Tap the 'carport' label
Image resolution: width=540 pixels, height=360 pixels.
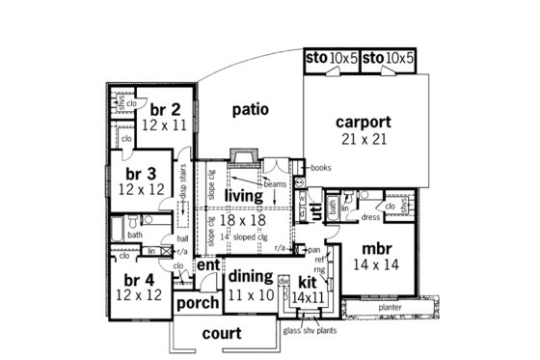[363, 123]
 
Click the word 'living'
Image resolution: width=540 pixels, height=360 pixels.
[245, 196]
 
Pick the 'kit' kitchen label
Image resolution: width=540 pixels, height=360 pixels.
[307, 282]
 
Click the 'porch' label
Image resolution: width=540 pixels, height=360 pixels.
[197, 303]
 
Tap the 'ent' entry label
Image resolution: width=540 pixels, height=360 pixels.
[208, 264]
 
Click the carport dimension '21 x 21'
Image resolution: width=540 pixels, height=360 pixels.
[363, 140]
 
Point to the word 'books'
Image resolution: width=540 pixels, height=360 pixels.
[321, 168]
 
